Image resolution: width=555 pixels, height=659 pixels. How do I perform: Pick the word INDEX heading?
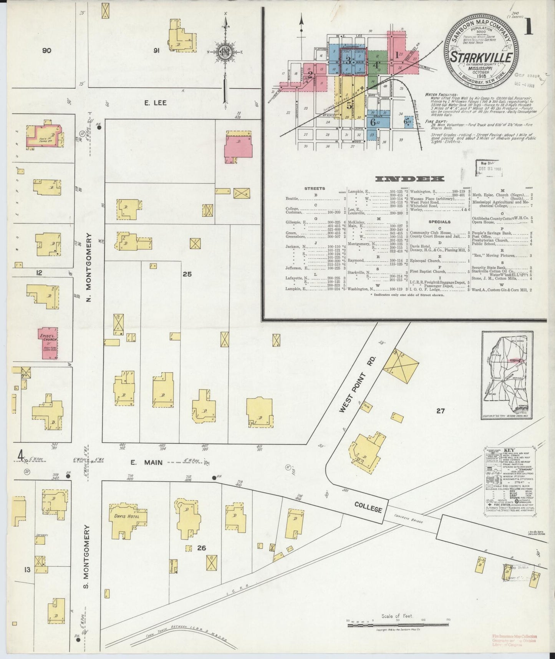coord(410,179)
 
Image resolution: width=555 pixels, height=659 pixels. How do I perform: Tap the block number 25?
coord(187,275)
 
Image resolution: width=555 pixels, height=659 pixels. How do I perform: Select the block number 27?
coord(440,411)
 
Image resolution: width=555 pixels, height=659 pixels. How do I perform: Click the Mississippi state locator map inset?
coord(507,375)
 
